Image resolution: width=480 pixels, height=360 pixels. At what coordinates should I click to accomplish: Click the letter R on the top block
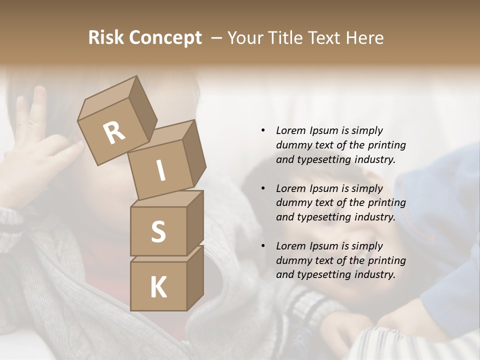(114, 133)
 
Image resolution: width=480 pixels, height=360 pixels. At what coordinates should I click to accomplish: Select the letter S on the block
(158, 231)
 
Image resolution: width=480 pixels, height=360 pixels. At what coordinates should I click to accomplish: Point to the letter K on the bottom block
(158, 287)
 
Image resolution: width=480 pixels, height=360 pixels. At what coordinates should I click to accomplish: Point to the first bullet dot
(263, 131)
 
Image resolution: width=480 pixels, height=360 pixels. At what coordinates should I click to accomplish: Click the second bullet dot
(263, 188)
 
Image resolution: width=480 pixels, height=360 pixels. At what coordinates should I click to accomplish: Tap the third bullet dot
(263, 246)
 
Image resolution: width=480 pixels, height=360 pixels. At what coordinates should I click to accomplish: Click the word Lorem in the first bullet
(290, 131)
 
